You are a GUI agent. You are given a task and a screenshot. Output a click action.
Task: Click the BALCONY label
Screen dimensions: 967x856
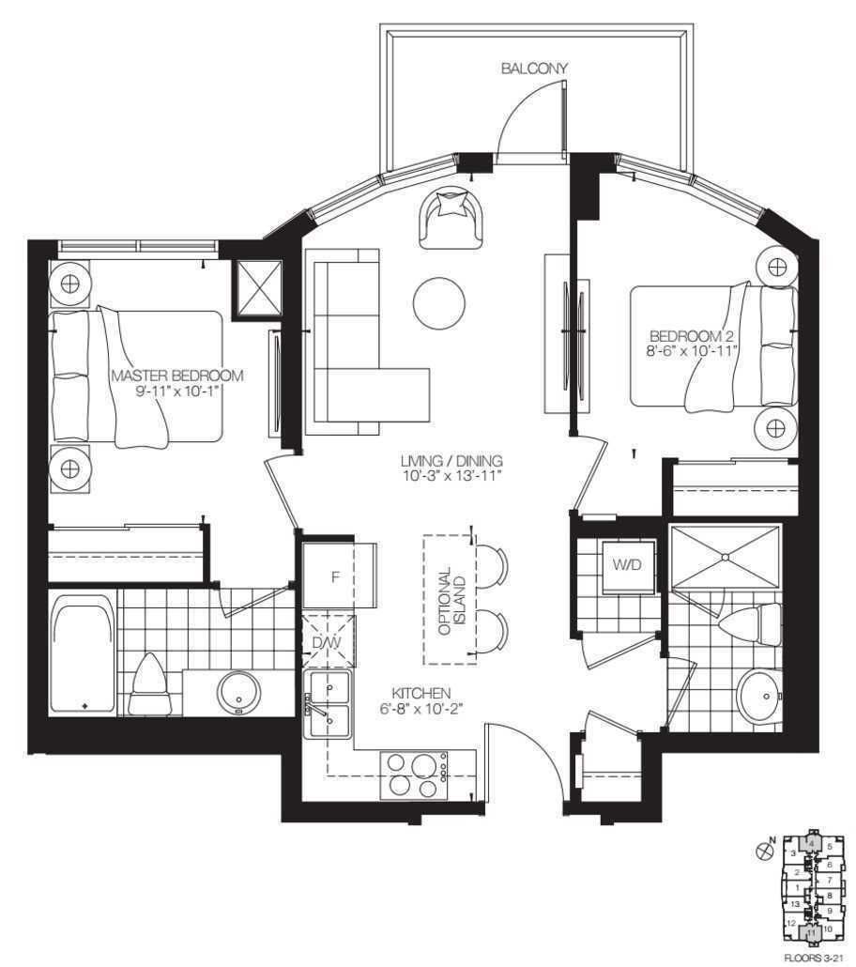coord(534,68)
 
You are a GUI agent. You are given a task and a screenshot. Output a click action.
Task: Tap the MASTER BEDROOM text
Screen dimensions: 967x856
coord(177,376)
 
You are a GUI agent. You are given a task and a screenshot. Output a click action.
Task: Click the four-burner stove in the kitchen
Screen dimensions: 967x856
coord(414,775)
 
